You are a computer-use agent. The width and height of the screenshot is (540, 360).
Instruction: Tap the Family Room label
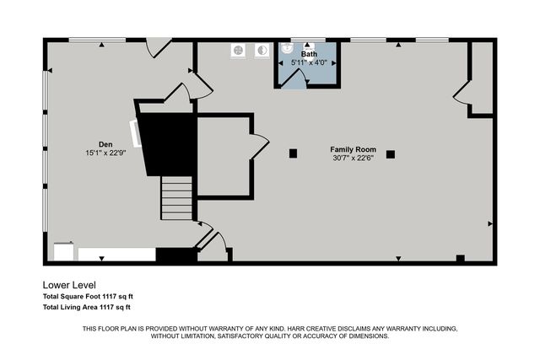coord(353,148)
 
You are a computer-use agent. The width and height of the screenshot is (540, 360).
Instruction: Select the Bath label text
coord(310,53)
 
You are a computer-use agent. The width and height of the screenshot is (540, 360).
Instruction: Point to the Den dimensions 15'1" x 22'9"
coord(105,153)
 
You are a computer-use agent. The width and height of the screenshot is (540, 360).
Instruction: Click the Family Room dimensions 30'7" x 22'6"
coord(353,158)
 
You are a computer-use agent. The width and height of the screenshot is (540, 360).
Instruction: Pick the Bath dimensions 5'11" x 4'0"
coord(309,62)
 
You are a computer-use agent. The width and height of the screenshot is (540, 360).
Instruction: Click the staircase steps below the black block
coord(177,199)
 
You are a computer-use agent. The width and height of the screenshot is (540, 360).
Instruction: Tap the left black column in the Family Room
coord(293,153)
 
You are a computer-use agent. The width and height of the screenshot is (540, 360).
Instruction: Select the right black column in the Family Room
coord(391,154)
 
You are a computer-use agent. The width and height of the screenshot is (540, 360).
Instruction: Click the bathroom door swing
coord(295,78)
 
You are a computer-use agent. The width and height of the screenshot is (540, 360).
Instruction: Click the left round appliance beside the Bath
coord(239,50)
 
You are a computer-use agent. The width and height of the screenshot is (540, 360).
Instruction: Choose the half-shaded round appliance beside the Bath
coord(261,50)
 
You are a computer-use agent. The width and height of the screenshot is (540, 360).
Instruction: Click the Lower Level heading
coord(75,285)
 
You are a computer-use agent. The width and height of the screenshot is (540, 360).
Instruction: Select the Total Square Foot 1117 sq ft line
coord(88,296)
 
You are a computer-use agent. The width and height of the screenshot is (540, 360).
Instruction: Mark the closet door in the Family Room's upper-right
coord(462,90)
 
